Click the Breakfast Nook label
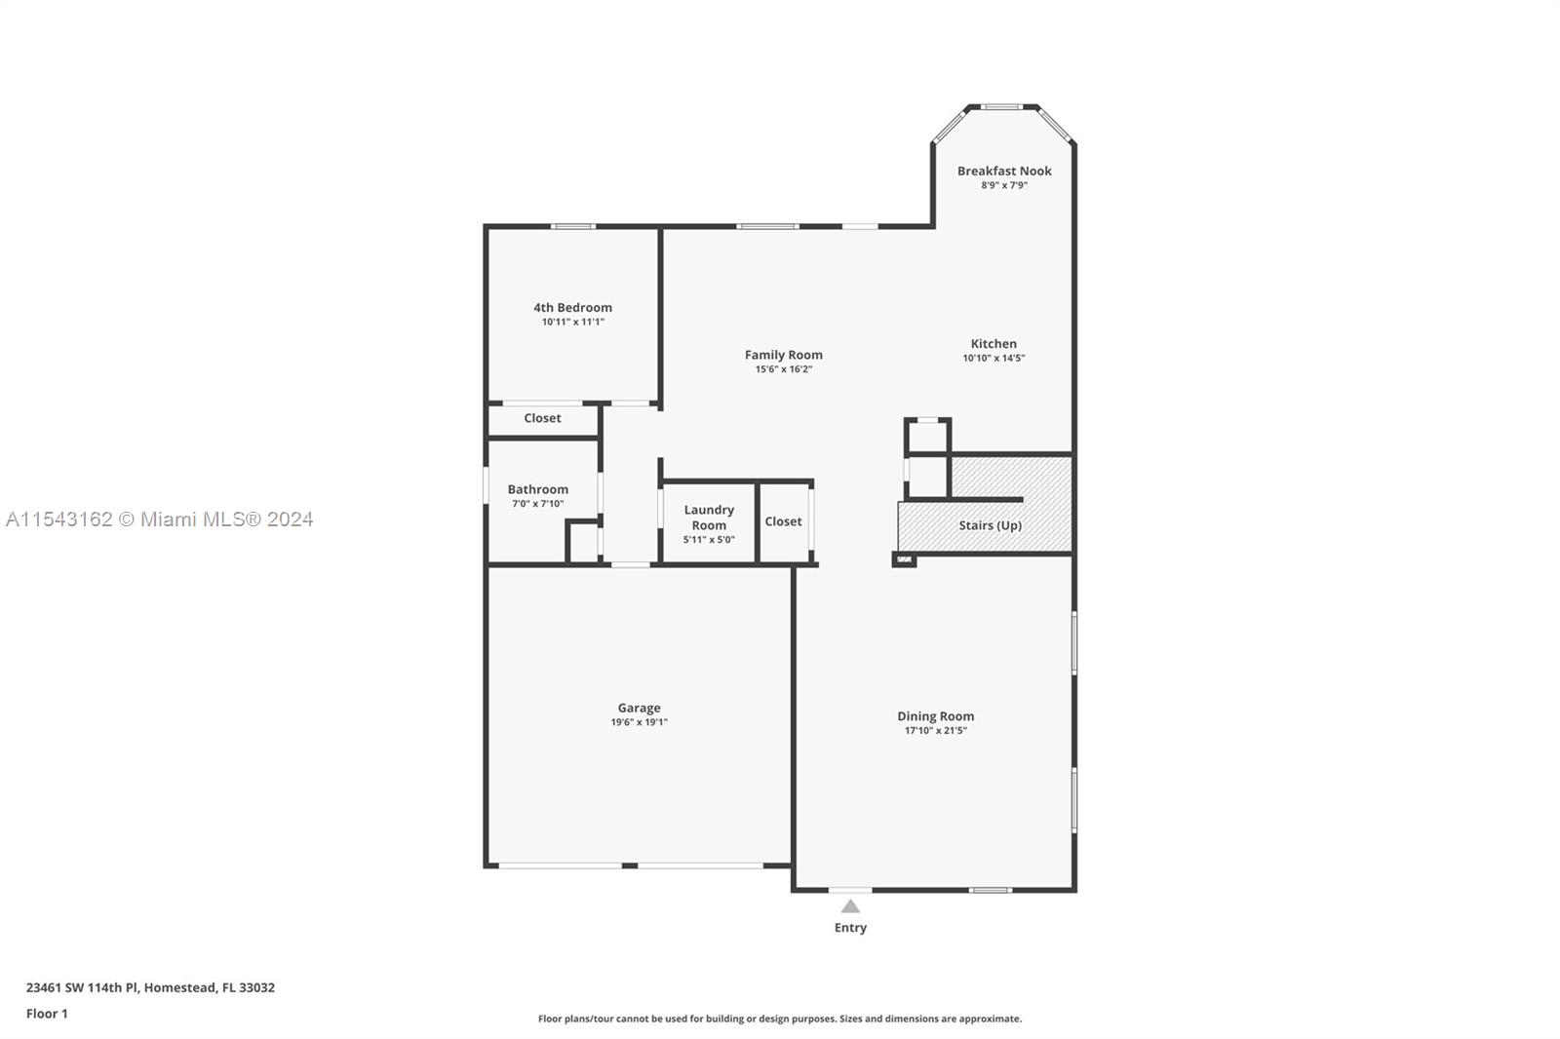tap(1004, 171)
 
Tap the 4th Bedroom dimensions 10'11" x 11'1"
tap(573, 322)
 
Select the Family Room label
tap(783, 355)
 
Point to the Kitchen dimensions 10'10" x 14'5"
tap(994, 358)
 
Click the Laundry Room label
tap(709, 518)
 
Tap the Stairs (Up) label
tap(990, 525)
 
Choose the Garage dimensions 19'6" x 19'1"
tap(639, 722)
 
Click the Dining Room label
tap(935, 716)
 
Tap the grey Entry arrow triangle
tap(850, 906)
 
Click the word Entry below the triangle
tap(850, 928)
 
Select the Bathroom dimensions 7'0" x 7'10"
tap(537, 504)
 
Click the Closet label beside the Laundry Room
tap(783, 521)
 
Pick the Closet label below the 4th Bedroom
tap(542, 418)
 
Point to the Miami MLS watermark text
tap(160, 519)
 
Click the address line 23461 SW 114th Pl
tap(150, 987)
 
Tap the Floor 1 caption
tap(47, 1014)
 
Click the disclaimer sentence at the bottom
tap(780, 1019)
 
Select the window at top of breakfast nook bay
tap(1000, 107)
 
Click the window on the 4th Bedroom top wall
tap(572, 227)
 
